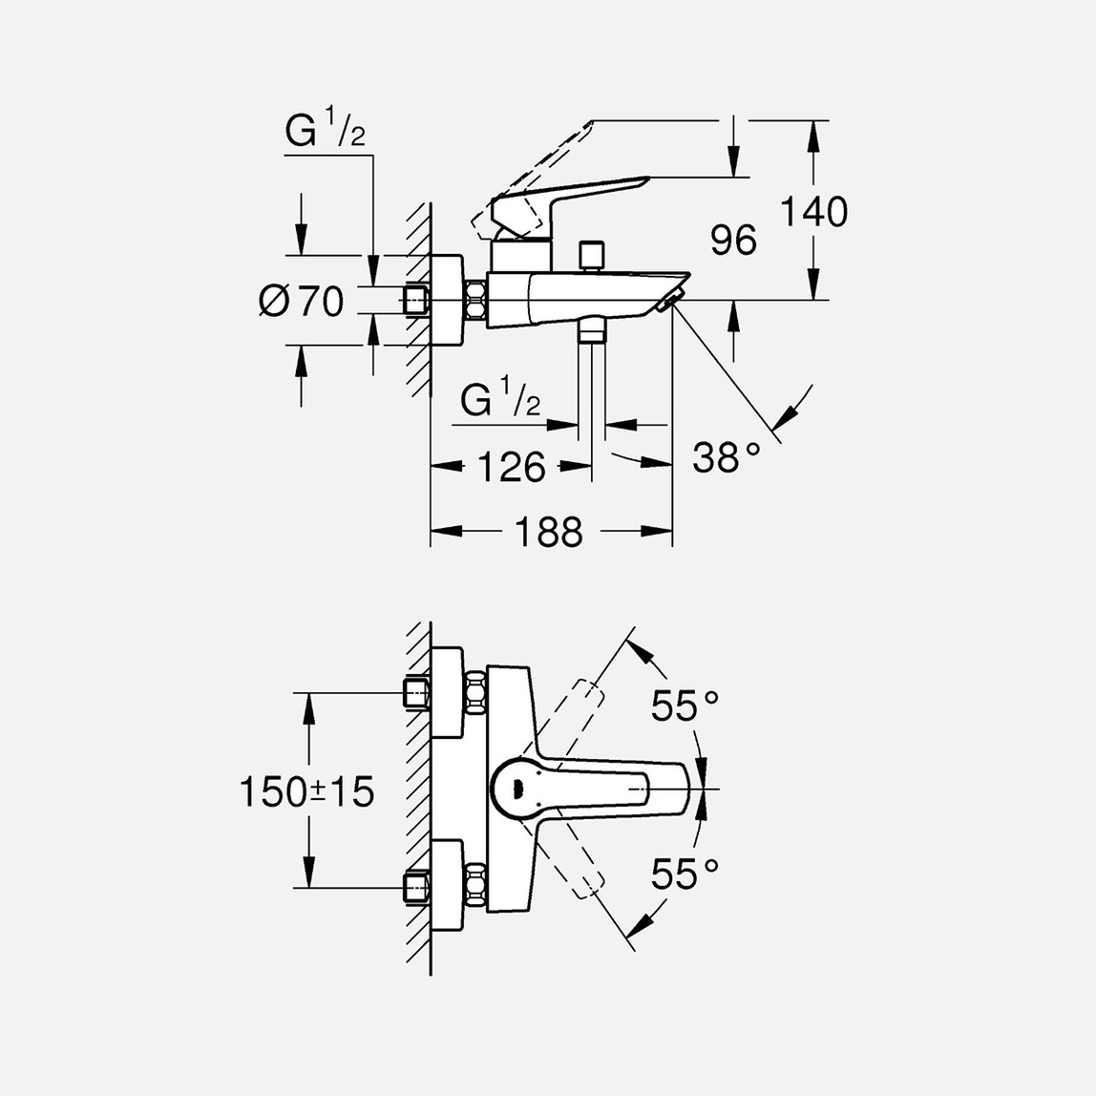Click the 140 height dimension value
813,211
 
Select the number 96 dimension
733,240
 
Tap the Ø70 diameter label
302,302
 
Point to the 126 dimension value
511,467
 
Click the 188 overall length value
549,532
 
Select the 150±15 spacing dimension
306,792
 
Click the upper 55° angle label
685,705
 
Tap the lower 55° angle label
685,874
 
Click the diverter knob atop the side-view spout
591,257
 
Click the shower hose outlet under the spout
591,330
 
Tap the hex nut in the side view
476,301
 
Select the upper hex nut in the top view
476,693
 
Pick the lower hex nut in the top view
476,888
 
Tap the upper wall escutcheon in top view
448,693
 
